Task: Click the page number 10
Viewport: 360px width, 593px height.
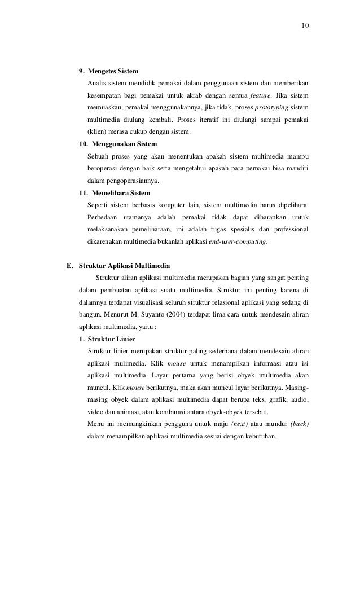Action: click(x=305, y=26)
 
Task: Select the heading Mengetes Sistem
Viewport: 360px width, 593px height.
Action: click(x=113, y=72)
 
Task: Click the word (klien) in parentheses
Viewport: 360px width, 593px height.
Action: click(x=98, y=133)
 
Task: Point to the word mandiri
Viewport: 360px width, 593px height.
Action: click(x=297, y=169)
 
